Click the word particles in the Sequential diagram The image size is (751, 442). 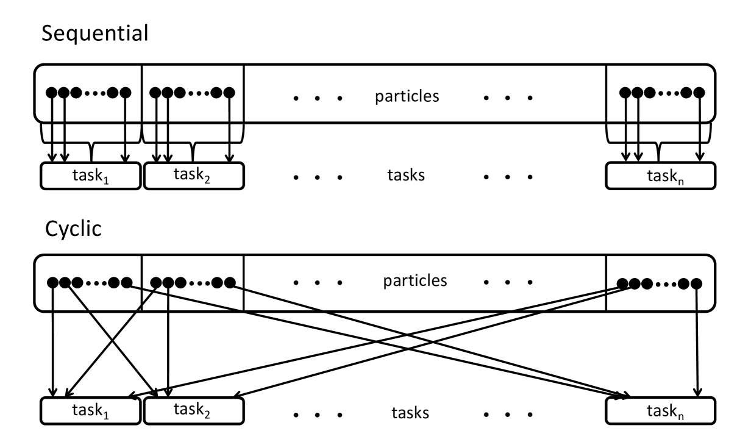coord(407,96)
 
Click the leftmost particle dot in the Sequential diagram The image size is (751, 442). coord(52,93)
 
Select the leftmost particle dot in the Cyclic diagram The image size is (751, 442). coord(54,282)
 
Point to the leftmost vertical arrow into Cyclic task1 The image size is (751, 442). coord(54,341)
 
